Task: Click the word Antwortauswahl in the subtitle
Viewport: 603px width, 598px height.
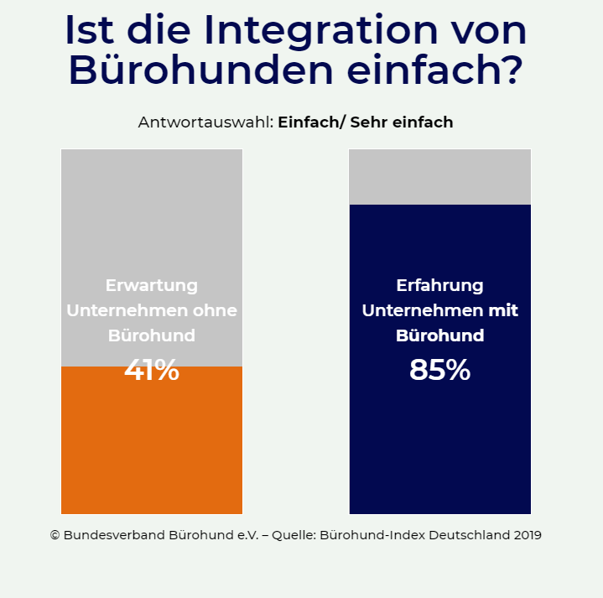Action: coord(205,122)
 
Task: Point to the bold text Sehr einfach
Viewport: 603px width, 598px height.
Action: coord(402,122)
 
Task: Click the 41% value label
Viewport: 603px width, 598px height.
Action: coord(152,370)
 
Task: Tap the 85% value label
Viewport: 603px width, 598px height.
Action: coord(439,370)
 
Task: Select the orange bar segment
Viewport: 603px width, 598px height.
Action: coord(152,445)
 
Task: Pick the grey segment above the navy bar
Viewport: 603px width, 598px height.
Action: coord(439,177)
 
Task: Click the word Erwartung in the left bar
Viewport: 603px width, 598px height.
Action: coord(152,284)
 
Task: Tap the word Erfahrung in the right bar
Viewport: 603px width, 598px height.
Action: coord(439,285)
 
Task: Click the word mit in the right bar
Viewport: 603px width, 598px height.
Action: coord(502,310)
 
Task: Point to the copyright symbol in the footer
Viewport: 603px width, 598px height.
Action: coord(55,535)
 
